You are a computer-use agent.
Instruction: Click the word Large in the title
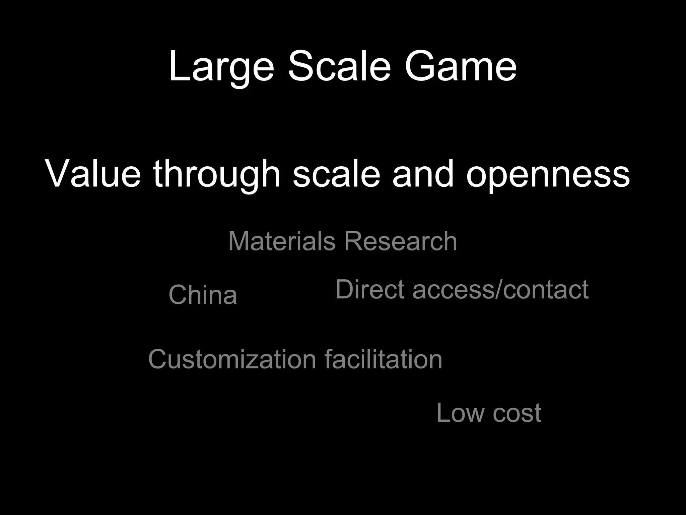(221, 66)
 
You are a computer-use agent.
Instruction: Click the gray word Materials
(282, 241)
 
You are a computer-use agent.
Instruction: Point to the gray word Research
(400, 241)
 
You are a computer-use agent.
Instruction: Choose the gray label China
(203, 295)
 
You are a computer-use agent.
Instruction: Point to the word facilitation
(383, 359)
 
